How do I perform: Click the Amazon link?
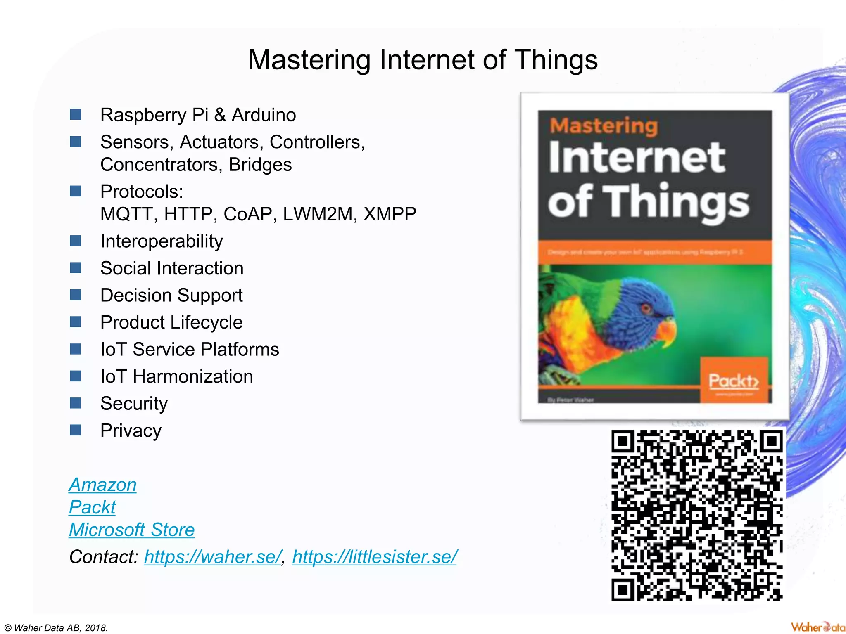(x=102, y=485)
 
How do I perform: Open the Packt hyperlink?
(x=92, y=507)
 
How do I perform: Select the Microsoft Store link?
(x=131, y=530)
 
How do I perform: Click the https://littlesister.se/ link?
(x=374, y=557)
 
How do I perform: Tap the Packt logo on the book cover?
(x=734, y=381)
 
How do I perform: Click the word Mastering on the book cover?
(x=604, y=125)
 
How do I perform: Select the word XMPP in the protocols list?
(x=390, y=214)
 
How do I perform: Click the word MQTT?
(x=126, y=214)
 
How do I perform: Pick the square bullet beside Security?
(x=76, y=403)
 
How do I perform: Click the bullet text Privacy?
(x=131, y=431)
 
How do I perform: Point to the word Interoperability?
(x=162, y=241)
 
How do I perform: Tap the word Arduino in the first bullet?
(x=264, y=115)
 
